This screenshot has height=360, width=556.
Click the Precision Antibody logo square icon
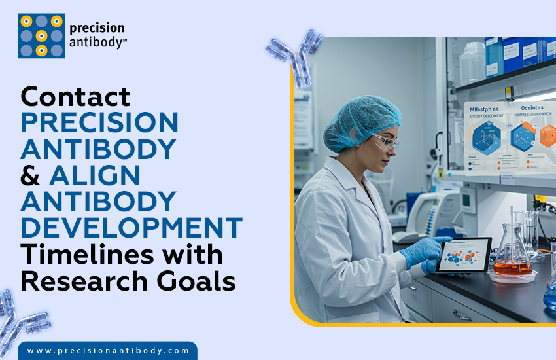[41, 36]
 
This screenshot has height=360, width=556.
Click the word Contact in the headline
[75, 97]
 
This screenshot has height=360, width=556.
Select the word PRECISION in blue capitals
[99, 123]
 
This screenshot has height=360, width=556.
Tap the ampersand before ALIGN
[30, 175]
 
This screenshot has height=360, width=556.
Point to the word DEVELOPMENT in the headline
[131, 228]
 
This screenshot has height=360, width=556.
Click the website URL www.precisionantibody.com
[108, 351]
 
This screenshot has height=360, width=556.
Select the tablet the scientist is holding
[463, 255]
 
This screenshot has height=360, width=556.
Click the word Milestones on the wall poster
[485, 110]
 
